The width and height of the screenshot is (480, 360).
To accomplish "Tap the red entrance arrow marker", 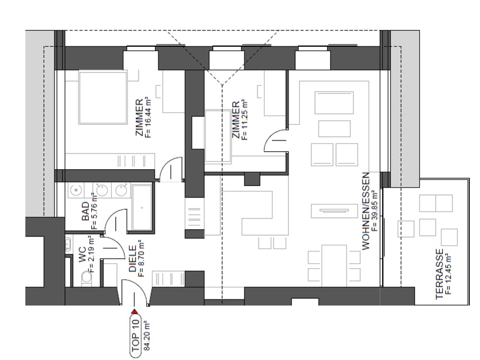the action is click(134, 312).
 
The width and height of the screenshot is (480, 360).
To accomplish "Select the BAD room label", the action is click(86, 211).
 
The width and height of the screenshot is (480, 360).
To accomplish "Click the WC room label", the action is click(83, 254).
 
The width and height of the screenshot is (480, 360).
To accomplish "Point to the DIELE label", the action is click(133, 259).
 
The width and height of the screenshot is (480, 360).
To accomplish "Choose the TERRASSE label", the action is click(439, 274).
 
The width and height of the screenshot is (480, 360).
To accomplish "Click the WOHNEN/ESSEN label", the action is click(366, 211).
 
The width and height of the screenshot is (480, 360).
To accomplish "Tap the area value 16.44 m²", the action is click(148, 117).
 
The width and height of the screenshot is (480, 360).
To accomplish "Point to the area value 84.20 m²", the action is click(146, 335).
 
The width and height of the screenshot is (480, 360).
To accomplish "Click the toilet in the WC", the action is click(87, 279).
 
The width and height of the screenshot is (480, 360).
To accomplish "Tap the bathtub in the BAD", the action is click(142, 207).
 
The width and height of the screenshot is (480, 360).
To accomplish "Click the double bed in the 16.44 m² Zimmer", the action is click(103, 97).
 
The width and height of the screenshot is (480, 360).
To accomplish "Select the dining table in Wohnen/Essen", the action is click(334, 265).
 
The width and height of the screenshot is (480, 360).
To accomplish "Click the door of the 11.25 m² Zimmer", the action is click(276, 140).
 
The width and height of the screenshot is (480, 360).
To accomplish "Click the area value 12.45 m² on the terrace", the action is click(449, 274).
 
